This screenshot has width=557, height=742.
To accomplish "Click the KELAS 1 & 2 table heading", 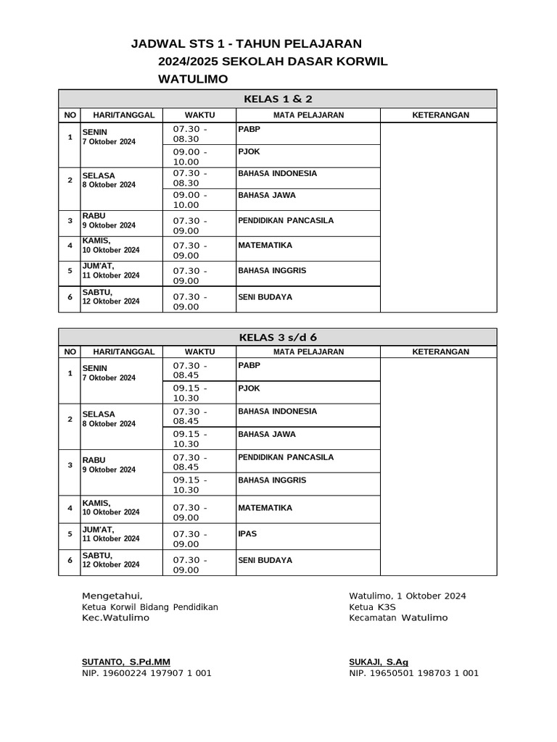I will pyautogui.click(x=278, y=99).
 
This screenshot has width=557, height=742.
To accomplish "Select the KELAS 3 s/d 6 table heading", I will pyautogui.click(x=278, y=337).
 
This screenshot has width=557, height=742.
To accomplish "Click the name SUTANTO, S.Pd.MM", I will pyautogui.click(x=126, y=662).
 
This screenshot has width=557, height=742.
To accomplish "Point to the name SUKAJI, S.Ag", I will pyautogui.click(x=379, y=662).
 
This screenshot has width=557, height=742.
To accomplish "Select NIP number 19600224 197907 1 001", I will pyautogui.click(x=147, y=673).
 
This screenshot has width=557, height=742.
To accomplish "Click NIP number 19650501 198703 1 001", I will pyautogui.click(x=413, y=673).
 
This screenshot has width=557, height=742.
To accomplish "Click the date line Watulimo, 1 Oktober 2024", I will pyautogui.click(x=407, y=596).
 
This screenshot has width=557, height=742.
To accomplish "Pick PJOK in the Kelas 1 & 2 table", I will pyautogui.click(x=249, y=151).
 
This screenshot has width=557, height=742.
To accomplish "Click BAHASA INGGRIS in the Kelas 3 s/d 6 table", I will pyautogui.click(x=272, y=480).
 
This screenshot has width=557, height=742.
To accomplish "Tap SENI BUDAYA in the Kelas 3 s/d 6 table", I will pyautogui.click(x=265, y=560).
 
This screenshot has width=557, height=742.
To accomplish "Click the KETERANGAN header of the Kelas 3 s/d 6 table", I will pyautogui.click(x=440, y=352).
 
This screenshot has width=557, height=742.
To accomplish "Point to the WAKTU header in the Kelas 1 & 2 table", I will pyautogui.click(x=199, y=115).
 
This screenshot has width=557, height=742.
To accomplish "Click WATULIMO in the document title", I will pyautogui.click(x=193, y=79).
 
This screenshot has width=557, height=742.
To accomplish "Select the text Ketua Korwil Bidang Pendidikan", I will pyautogui.click(x=150, y=607).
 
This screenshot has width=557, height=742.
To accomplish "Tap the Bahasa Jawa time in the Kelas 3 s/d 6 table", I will pyautogui.click(x=190, y=439).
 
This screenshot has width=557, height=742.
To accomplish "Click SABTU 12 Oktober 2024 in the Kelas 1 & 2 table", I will pyautogui.click(x=110, y=297).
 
